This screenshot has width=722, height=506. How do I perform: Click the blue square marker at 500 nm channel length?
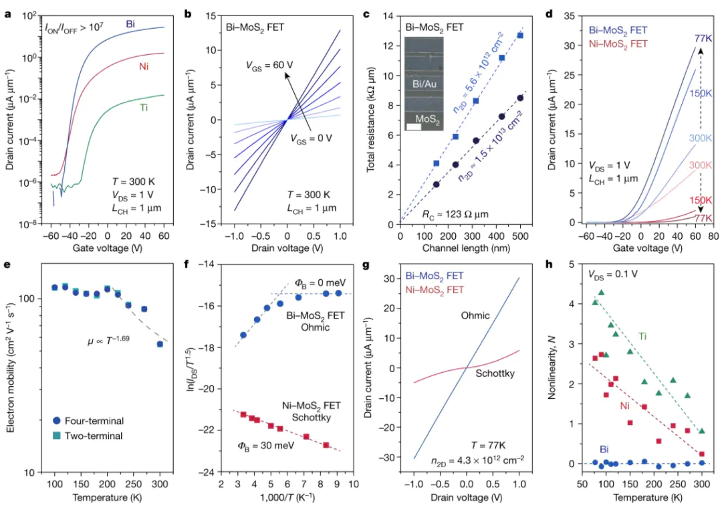pos(520,35)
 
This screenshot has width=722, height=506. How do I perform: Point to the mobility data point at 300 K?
pos(160,344)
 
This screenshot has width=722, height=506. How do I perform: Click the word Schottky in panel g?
pos(495,372)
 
